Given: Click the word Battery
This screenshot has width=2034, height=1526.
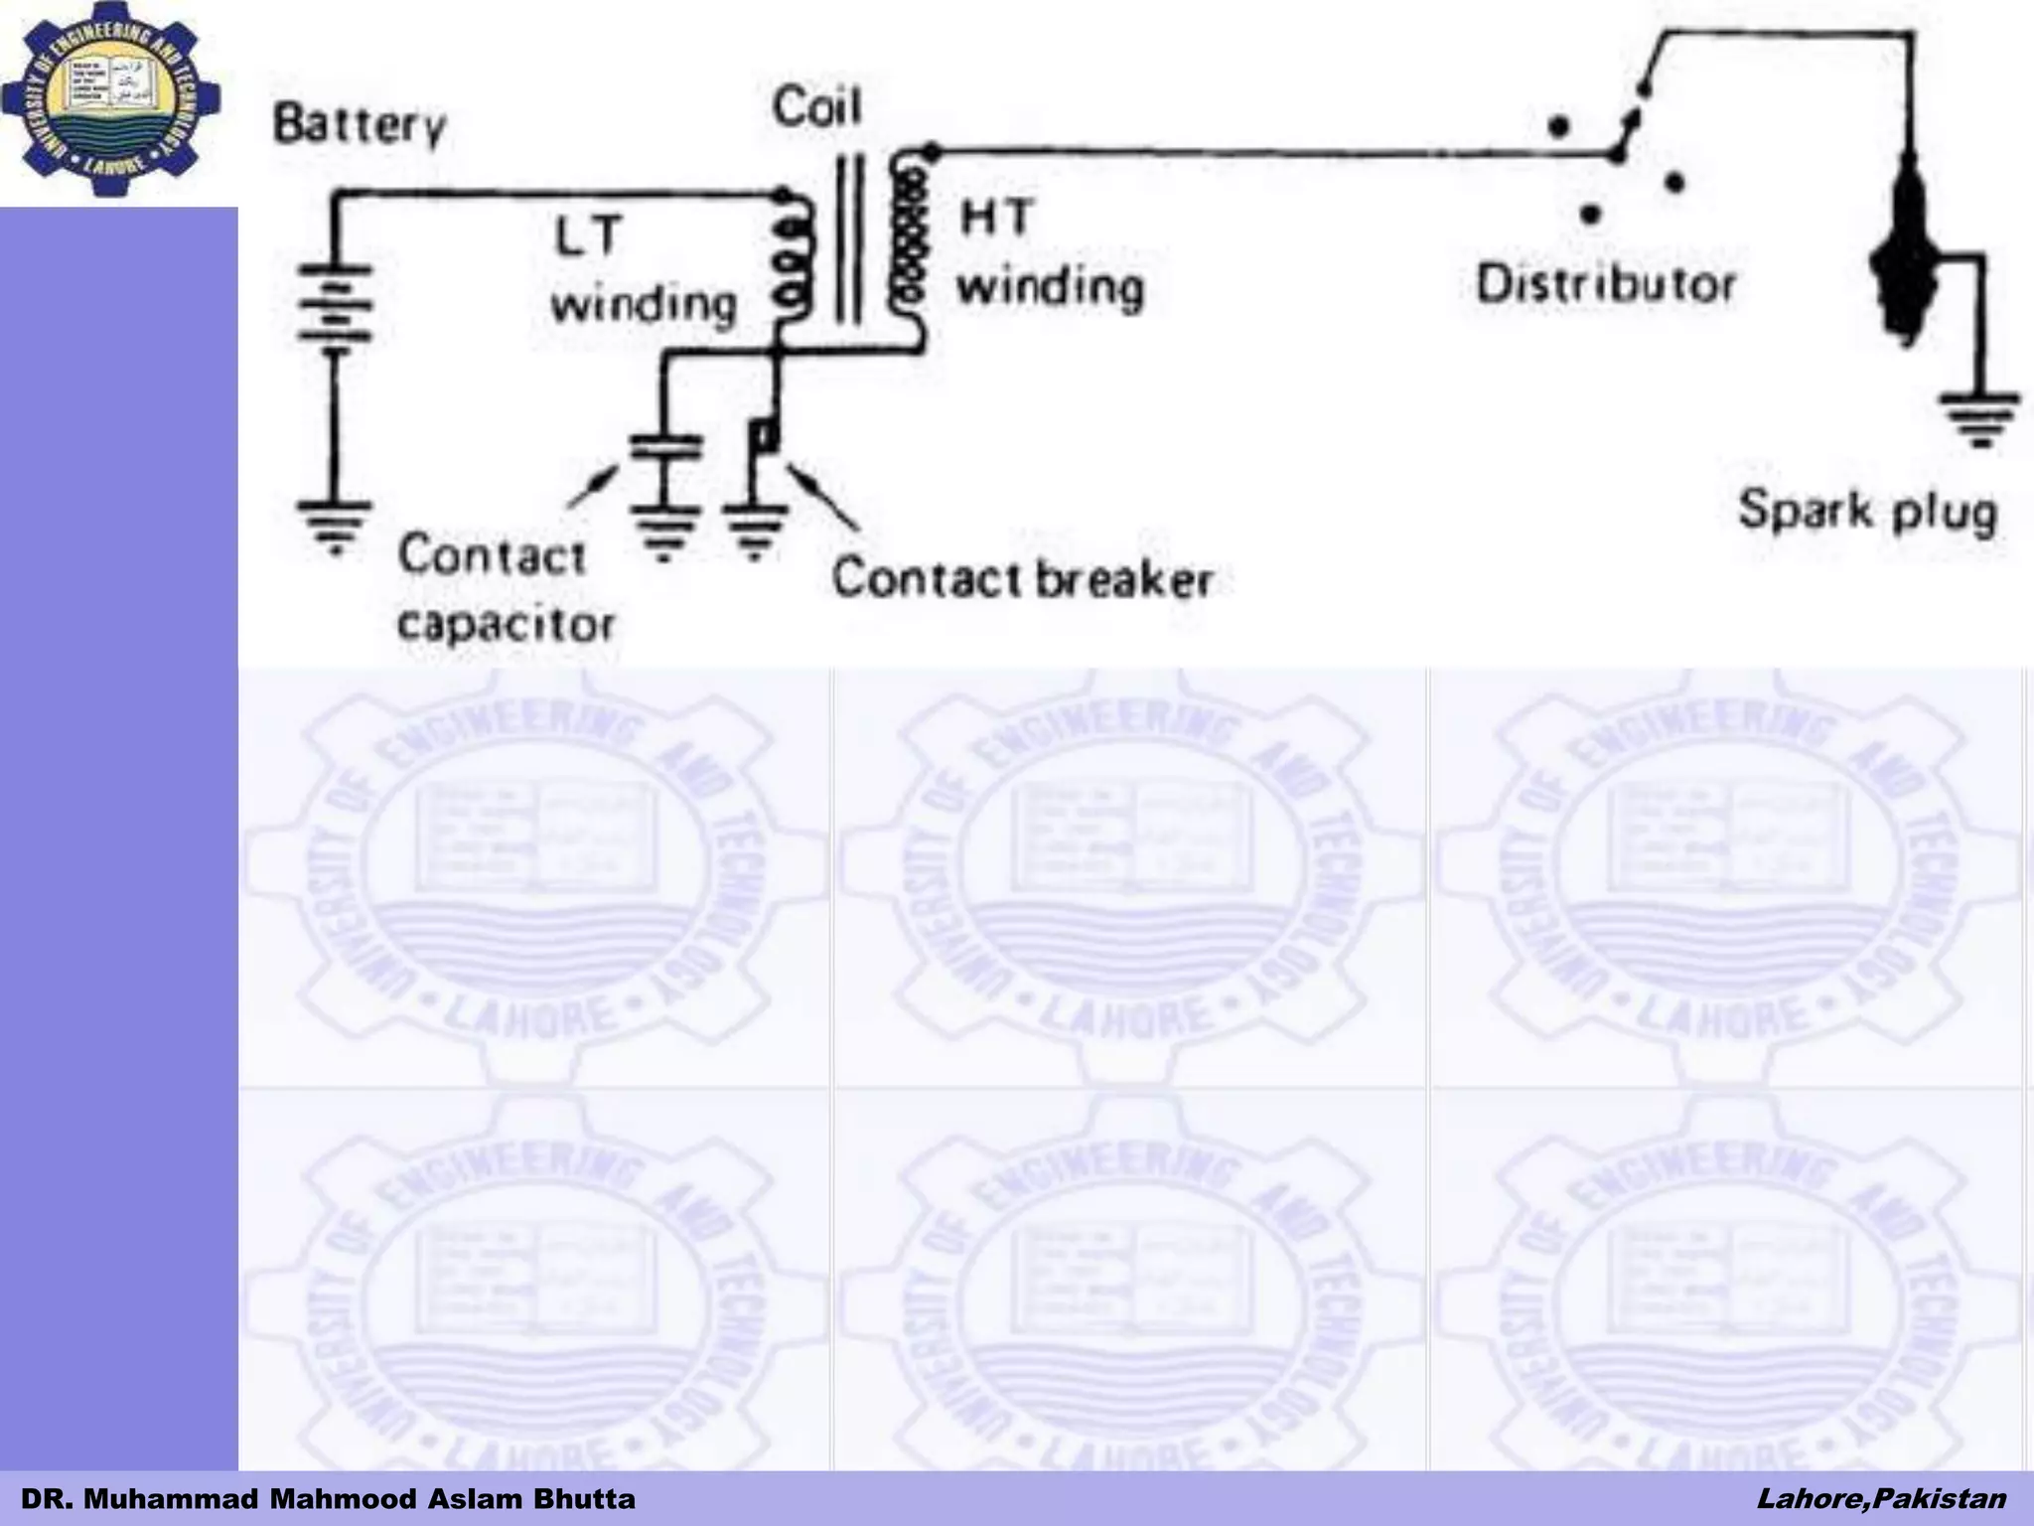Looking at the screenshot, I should (360, 126).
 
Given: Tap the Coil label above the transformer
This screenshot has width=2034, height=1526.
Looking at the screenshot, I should (816, 107).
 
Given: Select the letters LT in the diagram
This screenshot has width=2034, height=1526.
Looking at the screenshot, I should (588, 236).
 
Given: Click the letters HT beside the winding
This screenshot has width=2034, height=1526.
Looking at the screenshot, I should (996, 217).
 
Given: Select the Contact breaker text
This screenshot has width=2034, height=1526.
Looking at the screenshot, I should (1022, 579).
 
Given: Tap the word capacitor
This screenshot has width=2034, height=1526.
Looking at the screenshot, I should (506, 625).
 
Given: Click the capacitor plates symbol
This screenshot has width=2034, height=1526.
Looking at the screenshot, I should (665, 447).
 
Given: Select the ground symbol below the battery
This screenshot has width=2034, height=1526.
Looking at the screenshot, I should (335, 525).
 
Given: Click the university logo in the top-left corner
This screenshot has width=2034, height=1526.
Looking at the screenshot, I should (111, 99).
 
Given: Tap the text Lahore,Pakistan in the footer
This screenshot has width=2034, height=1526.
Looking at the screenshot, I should (1881, 1498).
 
